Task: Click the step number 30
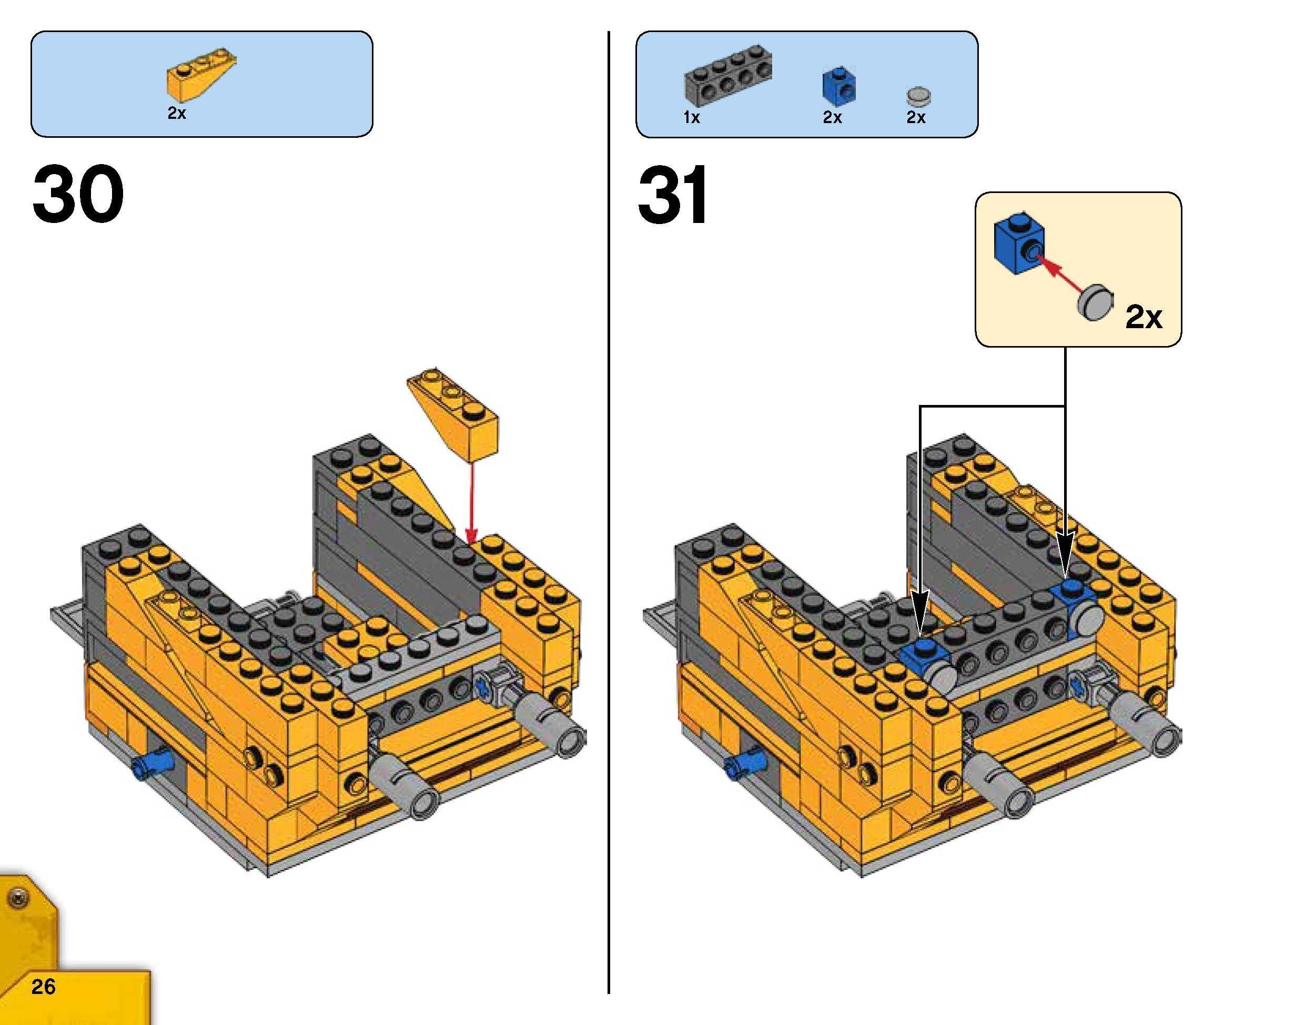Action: [78, 195]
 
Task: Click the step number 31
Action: [672, 195]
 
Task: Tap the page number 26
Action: [44, 987]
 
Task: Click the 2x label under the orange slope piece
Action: [177, 113]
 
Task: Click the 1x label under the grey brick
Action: [692, 118]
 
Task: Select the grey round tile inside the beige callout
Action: [1095, 302]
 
